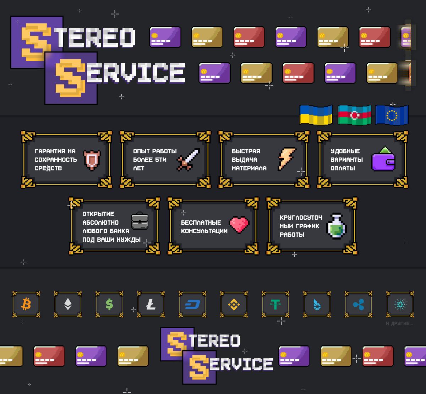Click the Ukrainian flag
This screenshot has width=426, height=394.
[x=316, y=115]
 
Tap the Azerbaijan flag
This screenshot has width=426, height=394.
[x=354, y=115]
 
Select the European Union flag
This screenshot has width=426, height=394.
[x=392, y=115]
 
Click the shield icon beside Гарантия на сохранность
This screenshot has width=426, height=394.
[x=92, y=160]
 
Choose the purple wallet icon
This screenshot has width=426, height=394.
[x=384, y=160]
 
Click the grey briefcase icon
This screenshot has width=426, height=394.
[x=140, y=221]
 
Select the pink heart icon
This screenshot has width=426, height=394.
[x=239, y=224]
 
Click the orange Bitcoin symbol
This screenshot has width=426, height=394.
[x=26, y=304]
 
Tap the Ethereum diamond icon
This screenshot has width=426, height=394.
[x=67, y=304]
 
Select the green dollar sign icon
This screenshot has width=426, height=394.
[x=109, y=304]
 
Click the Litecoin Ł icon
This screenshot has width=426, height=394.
[x=151, y=304]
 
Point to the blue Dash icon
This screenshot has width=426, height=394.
[x=192, y=304]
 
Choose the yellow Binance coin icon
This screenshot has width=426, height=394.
[x=234, y=304]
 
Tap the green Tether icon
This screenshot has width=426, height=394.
[x=275, y=304]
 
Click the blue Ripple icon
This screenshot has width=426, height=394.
[x=359, y=304]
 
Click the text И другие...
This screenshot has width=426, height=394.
[x=399, y=324]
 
